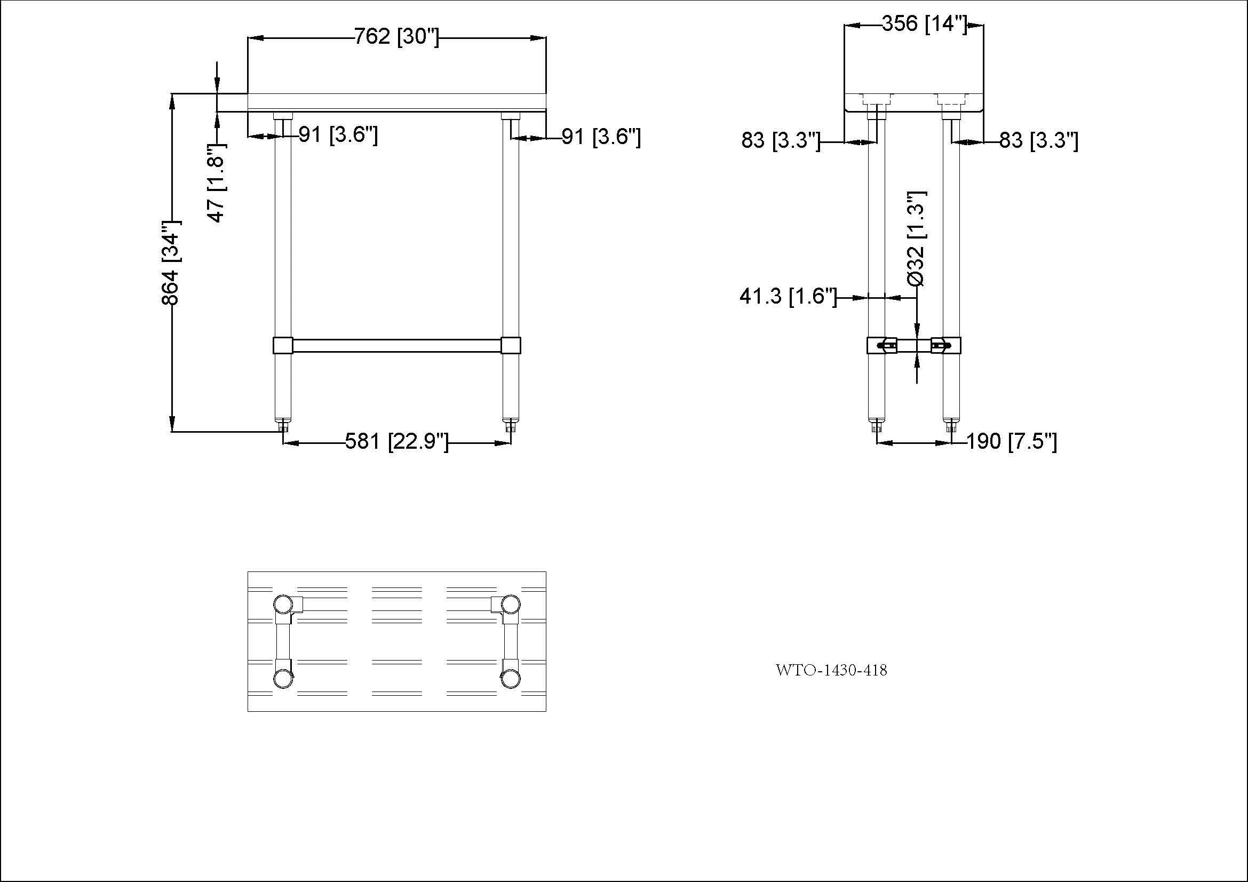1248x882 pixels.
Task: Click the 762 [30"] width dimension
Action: (x=396, y=37)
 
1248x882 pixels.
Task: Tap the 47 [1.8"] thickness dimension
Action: (x=216, y=182)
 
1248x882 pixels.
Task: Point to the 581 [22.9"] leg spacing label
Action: (x=397, y=441)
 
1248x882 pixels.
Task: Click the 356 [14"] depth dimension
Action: (x=924, y=24)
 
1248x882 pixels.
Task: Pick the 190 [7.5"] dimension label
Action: (x=1012, y=441)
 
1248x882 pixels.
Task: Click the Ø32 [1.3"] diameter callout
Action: (x=917, y=238)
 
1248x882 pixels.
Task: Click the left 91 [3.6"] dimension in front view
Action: (x=338, y=135)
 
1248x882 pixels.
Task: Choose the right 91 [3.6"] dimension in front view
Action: (x=601, y=137)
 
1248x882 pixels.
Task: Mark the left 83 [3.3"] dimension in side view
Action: (x=781, y=141)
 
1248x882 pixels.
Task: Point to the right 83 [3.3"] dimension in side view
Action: (x=1038, y=141)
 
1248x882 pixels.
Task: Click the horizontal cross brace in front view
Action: (x=397, y=346)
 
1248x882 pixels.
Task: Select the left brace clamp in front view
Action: (x=283, y=346)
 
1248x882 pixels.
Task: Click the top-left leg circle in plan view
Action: (x=282, y=605)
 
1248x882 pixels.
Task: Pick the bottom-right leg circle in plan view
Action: (x=510, y=679)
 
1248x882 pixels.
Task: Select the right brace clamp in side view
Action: (x=946, y=345)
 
